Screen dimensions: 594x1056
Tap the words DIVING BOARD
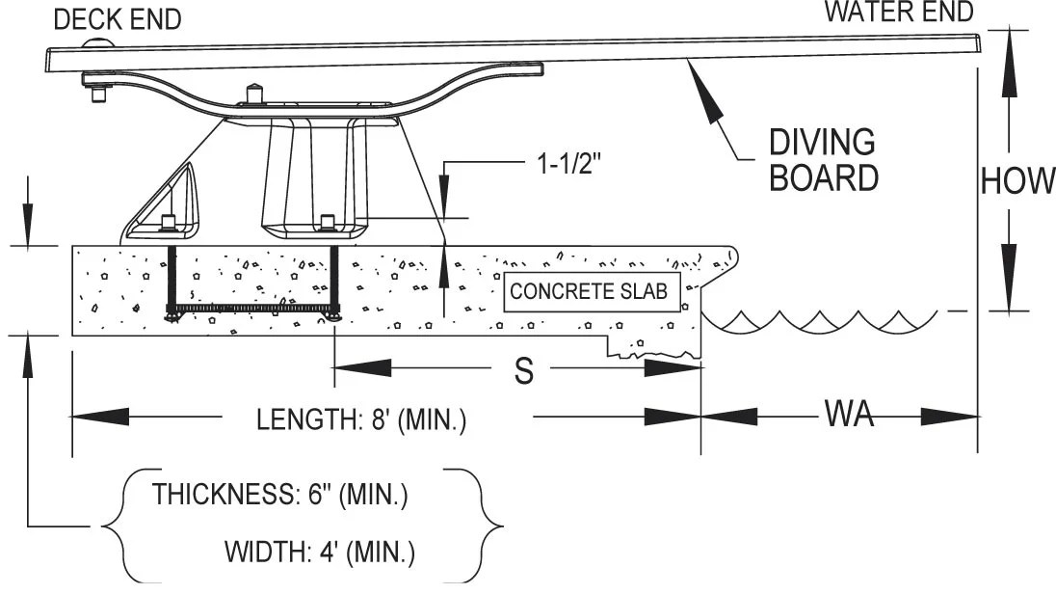tap(822, 160)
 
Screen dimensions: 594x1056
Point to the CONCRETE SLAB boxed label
tap(588, 292)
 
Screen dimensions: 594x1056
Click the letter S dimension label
tap(523, 373)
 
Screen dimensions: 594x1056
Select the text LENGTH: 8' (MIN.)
tap(361, 421)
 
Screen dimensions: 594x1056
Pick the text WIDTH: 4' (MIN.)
tap(320, 553)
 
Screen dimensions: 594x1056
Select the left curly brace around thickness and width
tap(112, 526)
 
